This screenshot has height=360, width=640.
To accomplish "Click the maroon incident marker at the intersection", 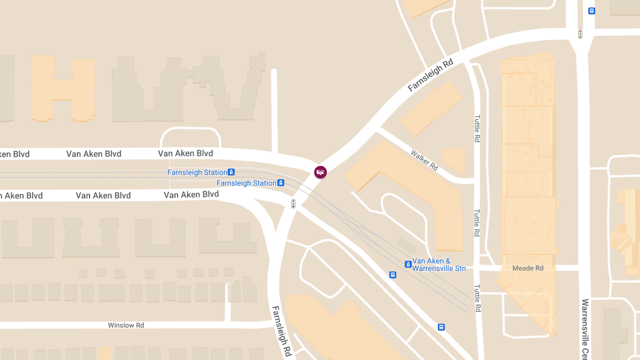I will click(320, 172).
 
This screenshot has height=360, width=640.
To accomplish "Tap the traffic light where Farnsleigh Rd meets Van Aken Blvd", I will click(293, 203).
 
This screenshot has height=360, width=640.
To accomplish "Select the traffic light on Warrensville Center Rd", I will click(580, 34).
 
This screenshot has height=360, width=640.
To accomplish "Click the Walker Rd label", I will click(425, 160).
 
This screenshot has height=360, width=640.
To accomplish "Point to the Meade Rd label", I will click(527, 268).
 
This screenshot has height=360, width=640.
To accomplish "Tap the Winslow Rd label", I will click(126, 325).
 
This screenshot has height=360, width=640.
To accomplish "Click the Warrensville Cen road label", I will click(585, 329).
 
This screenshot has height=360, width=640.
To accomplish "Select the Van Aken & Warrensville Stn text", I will click(439, 265).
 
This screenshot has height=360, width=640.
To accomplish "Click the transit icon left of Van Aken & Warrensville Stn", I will click(407, 264).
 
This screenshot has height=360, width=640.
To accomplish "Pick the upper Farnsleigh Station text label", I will click(197, 172).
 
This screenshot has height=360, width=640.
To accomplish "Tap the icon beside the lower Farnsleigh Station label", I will click(281, 183).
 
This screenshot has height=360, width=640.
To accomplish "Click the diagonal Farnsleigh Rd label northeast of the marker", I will click(430, 75).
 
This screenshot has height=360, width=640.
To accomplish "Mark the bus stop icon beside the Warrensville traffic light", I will click(591, 11).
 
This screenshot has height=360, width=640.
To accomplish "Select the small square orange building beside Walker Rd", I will click(453, 160).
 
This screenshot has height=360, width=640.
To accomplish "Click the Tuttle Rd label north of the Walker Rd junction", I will click(477, 128).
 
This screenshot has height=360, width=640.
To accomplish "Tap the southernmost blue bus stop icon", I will click(441, 327).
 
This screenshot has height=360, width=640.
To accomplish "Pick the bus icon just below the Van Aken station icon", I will click(393, 275).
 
